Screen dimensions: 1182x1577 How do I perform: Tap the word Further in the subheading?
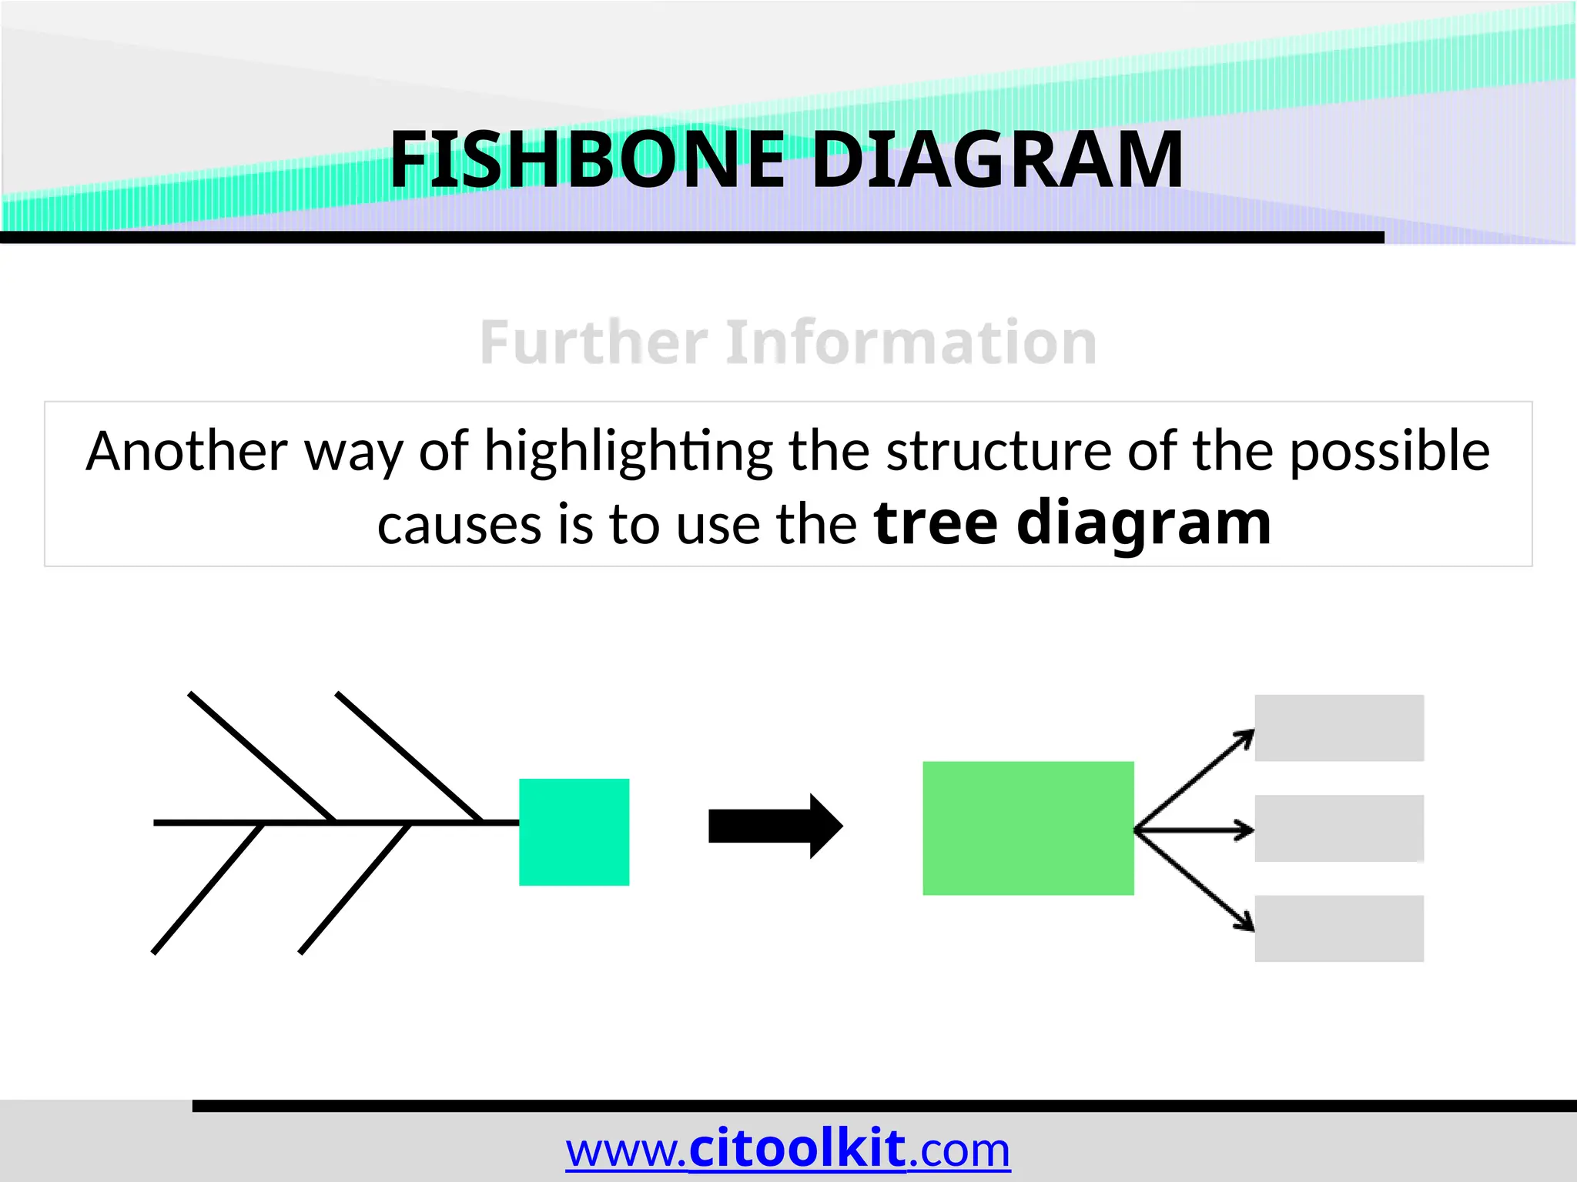[594, 342]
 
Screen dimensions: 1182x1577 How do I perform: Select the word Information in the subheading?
[912, 342]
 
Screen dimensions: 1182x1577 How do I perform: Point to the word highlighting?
[628, 452]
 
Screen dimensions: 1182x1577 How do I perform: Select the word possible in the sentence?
[1389, 452]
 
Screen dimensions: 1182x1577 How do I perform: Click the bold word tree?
[936, 523]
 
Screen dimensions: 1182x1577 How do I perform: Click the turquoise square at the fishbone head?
[574, 832]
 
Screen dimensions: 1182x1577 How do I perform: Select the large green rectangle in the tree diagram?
[1028, 828]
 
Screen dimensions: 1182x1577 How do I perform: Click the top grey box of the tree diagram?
[1339, 728]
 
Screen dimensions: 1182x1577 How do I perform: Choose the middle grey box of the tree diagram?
[1339, 828]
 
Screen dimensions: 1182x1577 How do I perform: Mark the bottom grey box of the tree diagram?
[1339, 928]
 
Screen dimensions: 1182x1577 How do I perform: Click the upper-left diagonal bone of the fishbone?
[262, 756]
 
